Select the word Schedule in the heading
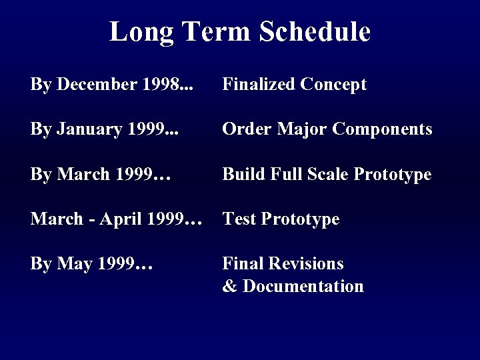pos(316,31)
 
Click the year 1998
pos(160,85)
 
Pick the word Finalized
pos(259,85)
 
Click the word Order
pos(243,129)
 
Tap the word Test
pos(237,219)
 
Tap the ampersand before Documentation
pos(229,287)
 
